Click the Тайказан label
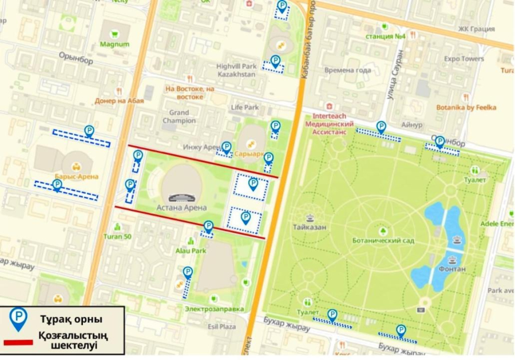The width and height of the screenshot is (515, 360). click(310, 227)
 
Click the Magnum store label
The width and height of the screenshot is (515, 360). click(114, 44)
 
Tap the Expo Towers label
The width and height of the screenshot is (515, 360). click(464, 59)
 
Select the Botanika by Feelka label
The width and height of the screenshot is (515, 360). click(466, 107)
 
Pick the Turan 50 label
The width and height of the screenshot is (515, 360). click(118, 236)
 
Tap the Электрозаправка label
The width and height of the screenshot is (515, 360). click(214, 309)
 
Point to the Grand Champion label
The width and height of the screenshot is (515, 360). click(179, 117)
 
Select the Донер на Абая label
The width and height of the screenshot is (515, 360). click(119, 100)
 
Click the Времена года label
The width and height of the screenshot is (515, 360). click(347, 70)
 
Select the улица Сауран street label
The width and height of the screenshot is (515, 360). click(399, 74)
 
